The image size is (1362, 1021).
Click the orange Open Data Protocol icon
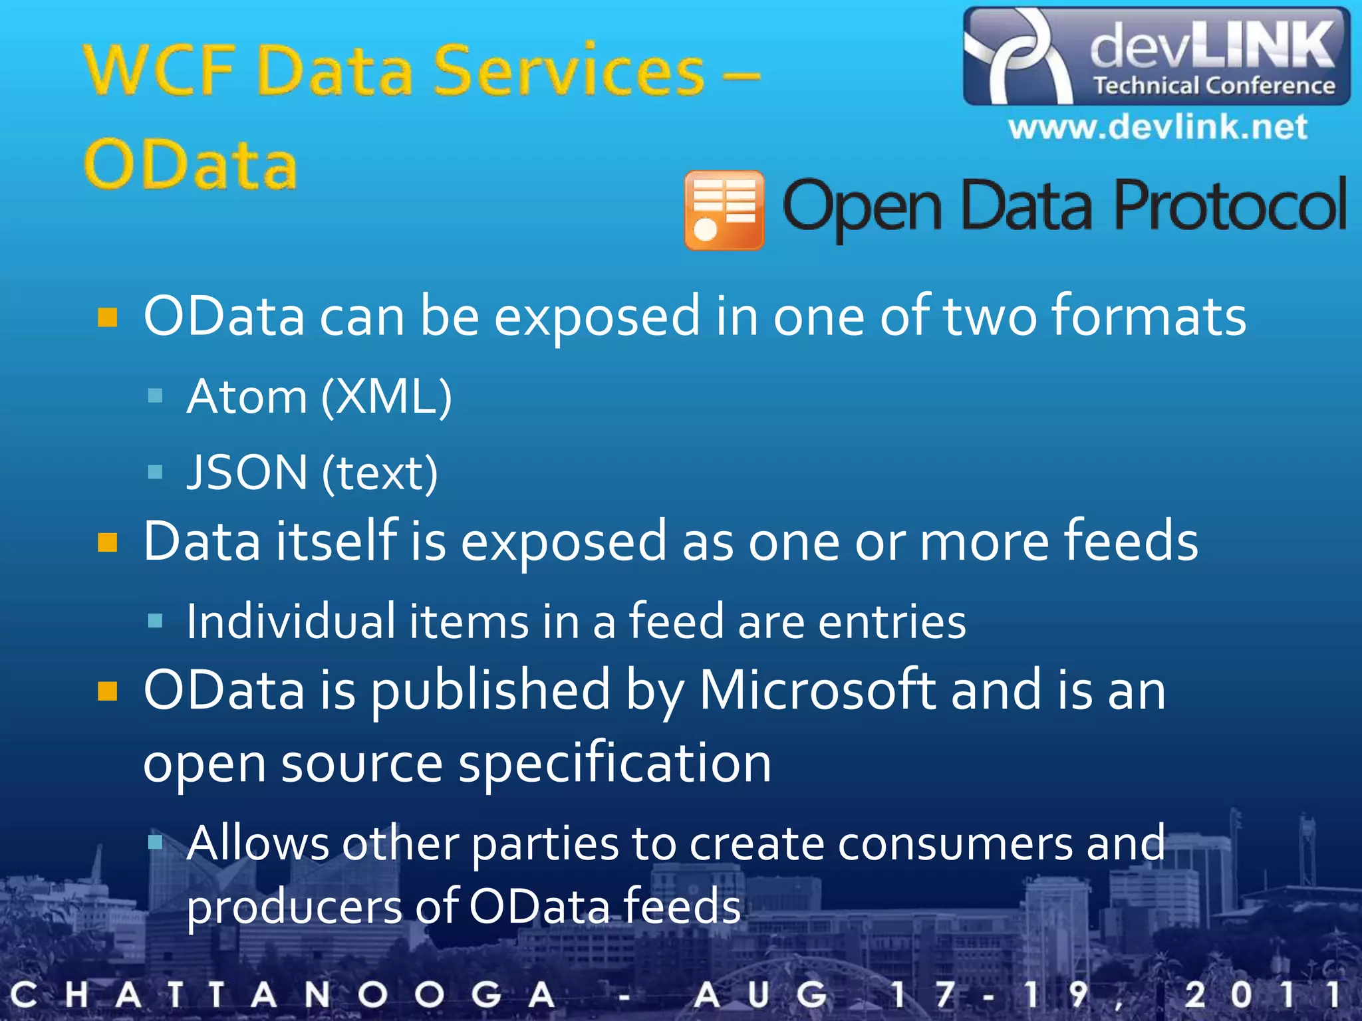[724, 210]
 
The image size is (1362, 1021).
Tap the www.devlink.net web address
[1157, 127]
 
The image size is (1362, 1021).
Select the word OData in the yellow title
[190, 165]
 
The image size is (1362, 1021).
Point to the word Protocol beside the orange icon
[1230, 206]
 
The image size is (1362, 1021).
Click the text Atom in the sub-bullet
[247, 397]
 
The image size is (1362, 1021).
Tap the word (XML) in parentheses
[386, 397]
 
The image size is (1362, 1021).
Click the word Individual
[291, 622]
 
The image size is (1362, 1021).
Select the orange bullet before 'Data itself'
[108, 542]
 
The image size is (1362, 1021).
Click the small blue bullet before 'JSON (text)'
[156, 472]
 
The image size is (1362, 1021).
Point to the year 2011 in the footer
[1261, 995]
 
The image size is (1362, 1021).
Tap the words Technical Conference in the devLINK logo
[1214, 86]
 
